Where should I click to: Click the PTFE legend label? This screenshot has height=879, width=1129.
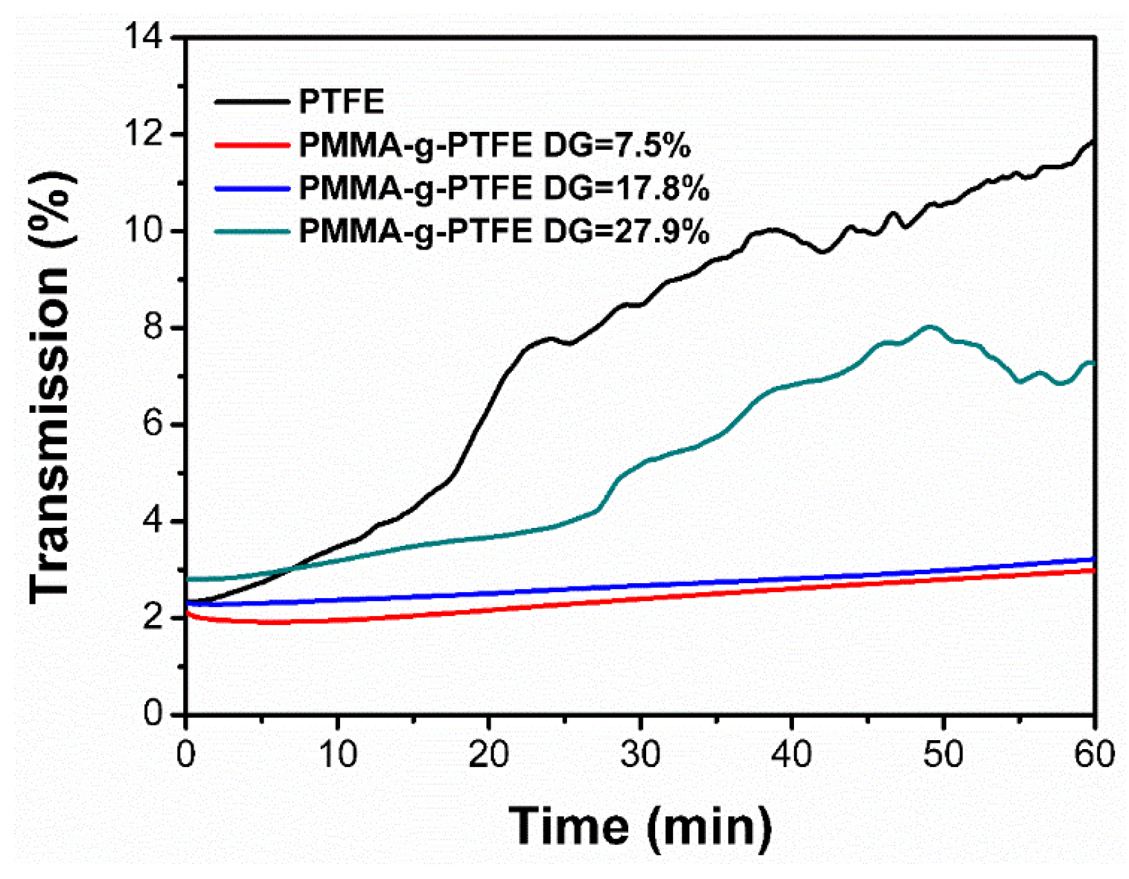341,102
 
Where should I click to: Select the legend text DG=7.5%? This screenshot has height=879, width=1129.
494,145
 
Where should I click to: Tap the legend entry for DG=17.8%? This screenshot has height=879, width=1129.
504,188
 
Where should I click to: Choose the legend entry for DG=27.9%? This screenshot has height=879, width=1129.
504,231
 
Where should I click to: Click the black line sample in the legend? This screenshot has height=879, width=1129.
251,102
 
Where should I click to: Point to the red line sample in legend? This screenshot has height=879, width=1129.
251,145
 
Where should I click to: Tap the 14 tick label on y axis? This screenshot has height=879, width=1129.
145,37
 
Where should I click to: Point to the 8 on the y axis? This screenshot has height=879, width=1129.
154,327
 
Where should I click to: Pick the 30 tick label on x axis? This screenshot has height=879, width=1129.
640,754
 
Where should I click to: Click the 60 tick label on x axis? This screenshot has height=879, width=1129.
1094,754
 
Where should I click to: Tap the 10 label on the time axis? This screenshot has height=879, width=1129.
338,754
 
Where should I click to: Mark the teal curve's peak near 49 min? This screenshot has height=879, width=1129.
929,327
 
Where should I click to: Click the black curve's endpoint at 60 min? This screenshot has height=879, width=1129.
1094,141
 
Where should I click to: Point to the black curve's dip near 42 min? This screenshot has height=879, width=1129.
822,252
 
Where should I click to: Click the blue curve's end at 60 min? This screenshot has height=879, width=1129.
1094,559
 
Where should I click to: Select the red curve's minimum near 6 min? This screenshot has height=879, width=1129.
276,622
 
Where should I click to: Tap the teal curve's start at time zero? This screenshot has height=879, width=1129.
187,579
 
